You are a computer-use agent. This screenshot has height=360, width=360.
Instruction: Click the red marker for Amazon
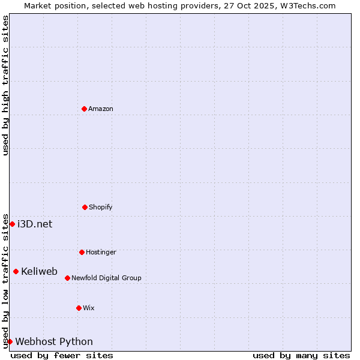coord(84,109)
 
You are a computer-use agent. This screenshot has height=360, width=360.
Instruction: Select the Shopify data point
coord(85,207)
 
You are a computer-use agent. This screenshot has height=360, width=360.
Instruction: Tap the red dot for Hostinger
coord(82,252)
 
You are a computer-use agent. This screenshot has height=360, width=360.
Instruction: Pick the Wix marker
coord(79,308)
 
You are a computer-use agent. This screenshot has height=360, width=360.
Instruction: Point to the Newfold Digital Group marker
coord(67,278)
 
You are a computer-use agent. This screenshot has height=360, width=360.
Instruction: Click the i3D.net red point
coord(12,224)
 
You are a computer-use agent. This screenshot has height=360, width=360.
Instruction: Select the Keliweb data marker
coord(16,271)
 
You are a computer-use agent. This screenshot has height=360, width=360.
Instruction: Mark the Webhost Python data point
coord(10,341)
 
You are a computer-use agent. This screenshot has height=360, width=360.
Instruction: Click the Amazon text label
coord(101,109)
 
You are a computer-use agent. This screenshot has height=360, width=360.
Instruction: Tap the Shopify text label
coord(101,207)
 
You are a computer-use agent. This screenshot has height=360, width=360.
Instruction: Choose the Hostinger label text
coord(101,252)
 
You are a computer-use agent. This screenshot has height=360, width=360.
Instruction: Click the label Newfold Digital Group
coord(106,278)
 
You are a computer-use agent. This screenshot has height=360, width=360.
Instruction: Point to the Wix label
coord(89,308)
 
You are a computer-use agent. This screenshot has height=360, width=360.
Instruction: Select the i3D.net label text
coord(35,224)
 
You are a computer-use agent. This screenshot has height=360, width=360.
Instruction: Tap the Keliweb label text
coord(39,271)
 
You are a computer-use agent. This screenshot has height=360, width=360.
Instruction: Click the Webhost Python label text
coord(54,341)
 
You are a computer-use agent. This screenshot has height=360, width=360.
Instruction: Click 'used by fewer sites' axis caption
coord(62,355)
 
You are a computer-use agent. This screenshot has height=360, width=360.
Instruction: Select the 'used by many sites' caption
coord(301,355)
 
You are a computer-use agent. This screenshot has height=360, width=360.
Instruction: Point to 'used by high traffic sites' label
coord(5,85)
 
